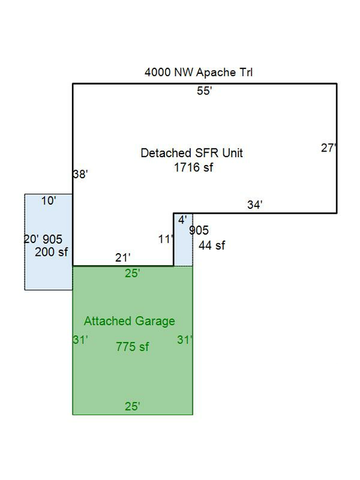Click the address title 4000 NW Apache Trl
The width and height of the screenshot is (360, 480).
tap(198, 73)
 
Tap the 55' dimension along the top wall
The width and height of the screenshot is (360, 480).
tap(204, 91)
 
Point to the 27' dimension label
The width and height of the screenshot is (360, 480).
tap(329, 148)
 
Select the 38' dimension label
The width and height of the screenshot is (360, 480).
tap(80, 174)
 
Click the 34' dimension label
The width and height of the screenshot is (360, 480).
tap(255, 205)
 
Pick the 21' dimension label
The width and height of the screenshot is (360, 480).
tap(123, 257)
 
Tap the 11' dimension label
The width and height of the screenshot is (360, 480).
tap(166, 239)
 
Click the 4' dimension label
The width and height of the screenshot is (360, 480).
tap(182, 220)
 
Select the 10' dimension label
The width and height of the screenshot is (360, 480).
tap(48, 201)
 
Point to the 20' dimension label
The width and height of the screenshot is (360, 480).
tap(31, 239)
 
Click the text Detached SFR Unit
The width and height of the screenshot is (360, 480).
tap(192, 153)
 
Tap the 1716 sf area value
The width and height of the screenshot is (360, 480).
tap(194, 167)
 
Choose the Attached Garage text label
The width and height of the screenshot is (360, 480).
tap(129, 321)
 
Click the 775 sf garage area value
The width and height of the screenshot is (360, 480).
tap(132, 347)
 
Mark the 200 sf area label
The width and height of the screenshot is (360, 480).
tap(51, 252)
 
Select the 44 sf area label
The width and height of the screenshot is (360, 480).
tap(212, 245)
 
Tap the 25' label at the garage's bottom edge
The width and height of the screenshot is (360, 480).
tap(132, 406)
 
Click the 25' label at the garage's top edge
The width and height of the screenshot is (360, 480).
tap(132, 273)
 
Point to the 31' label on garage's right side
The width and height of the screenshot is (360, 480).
tap(185, 340)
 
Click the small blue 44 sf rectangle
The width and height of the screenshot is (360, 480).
tap(184, 240)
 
